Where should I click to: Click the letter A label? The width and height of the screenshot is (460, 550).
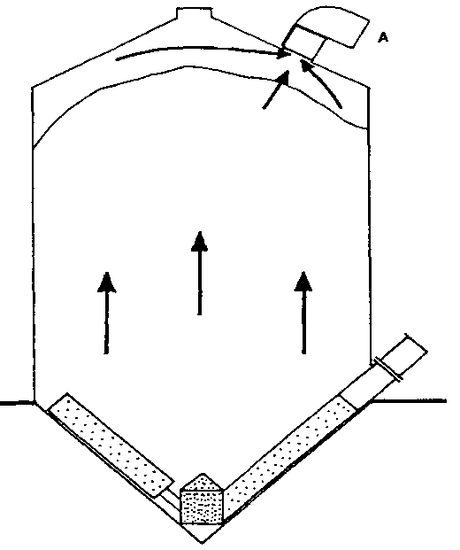(x=383, y=37)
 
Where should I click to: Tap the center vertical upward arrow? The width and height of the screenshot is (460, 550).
(x=199, y=273)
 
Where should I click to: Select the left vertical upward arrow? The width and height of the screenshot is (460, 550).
(x=106, y=313)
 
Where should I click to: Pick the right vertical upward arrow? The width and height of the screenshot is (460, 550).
(x=303, y=312)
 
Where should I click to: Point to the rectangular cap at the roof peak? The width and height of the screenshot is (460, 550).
(x=195, y=12)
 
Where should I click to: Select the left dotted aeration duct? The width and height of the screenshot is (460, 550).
(x=111, y=445)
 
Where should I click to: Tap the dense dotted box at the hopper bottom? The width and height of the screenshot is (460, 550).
(x=202, y=507)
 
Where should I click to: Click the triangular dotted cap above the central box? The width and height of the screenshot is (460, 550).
(x=202, y=482)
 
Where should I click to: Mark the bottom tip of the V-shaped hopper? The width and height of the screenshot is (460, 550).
(x=202, y=543)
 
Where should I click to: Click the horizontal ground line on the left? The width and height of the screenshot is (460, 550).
(x=17, y=403)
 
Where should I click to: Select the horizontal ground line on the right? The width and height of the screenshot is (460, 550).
(x=409, y=400)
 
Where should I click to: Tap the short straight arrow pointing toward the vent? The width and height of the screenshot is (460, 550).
(x=276, y=89)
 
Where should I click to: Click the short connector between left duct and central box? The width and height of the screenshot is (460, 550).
(x=170, y=498)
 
